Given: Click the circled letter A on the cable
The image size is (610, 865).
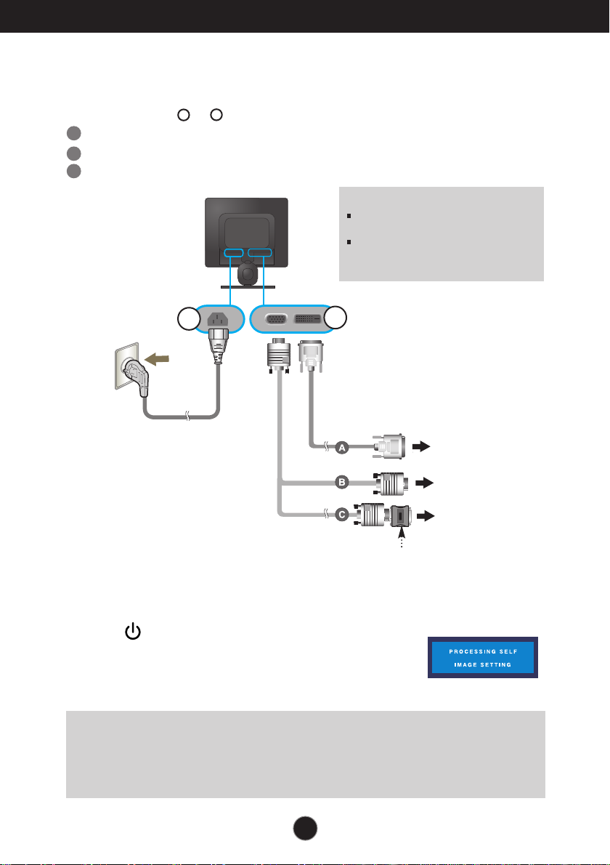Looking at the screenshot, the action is [342, 448].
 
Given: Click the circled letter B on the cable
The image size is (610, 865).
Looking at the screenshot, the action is [342, 483].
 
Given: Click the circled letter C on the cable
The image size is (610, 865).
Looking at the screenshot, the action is [342, 515].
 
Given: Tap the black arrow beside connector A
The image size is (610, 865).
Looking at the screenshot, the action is [421, 447].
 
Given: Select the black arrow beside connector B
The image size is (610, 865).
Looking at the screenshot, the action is [424, 483].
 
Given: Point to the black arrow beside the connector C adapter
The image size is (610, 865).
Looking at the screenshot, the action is [426, 516].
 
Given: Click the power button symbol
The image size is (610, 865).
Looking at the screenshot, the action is [133, 632].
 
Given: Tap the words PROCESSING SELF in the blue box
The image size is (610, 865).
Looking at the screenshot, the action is [483, 651].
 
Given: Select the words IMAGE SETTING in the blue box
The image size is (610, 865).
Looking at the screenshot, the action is [483, 665].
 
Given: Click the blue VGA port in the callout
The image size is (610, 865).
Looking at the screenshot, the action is [276, 319].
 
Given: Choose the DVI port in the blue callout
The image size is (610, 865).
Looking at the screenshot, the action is [308, 319].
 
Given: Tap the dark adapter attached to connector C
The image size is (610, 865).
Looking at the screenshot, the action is [401, 515].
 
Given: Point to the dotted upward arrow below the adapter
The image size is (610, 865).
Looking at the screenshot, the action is [402, 538].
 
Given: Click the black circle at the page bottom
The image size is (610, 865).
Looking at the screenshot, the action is [305, 828].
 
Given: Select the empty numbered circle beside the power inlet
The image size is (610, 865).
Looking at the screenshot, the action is [189, 320].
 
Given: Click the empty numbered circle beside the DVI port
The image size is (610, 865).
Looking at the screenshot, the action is [335, 318].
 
